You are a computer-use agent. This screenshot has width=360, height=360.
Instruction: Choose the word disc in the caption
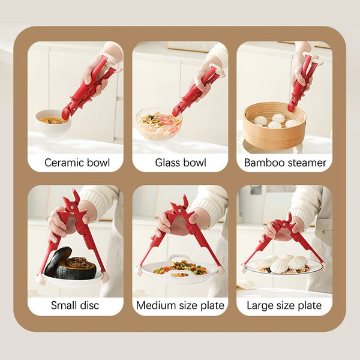click(89, 305)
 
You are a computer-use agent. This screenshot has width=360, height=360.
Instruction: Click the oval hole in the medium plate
click(180, 275)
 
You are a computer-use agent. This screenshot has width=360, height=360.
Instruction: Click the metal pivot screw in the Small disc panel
click(72, 207)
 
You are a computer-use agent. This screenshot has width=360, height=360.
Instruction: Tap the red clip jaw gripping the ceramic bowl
click(67, 114)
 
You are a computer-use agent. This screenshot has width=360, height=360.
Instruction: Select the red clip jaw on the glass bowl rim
click(177, 110)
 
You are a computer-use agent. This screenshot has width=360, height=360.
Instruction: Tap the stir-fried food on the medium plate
click(181, 267)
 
